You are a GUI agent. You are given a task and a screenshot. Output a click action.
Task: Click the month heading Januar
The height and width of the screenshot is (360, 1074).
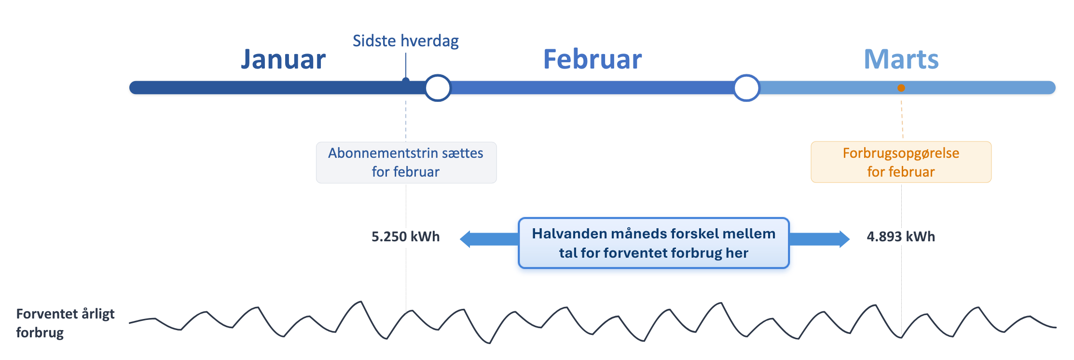283,59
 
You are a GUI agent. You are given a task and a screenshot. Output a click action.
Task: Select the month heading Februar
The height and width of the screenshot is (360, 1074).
592,59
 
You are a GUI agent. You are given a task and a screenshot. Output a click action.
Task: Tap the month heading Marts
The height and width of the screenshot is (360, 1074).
901,59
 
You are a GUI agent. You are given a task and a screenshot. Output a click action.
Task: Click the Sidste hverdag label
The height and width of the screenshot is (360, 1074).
406,41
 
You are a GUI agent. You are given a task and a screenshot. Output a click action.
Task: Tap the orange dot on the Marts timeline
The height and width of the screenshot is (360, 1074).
901,88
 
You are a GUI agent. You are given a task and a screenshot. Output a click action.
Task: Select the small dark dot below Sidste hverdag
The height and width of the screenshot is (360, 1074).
406,80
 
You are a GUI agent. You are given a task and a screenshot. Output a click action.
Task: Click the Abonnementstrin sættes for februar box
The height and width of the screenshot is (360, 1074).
406,163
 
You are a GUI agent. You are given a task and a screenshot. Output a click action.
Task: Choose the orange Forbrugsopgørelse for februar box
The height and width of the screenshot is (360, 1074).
901,162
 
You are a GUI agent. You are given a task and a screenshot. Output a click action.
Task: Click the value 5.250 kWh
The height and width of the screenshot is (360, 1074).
406,236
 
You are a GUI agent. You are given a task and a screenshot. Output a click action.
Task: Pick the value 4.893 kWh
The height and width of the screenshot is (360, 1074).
901,236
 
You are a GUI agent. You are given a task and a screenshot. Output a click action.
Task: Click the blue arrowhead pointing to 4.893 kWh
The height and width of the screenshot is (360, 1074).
844,239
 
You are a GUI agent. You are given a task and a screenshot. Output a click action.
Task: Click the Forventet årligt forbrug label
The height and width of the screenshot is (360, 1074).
65,323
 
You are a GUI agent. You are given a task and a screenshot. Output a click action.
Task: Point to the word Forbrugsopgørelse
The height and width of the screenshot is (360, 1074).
901,153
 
